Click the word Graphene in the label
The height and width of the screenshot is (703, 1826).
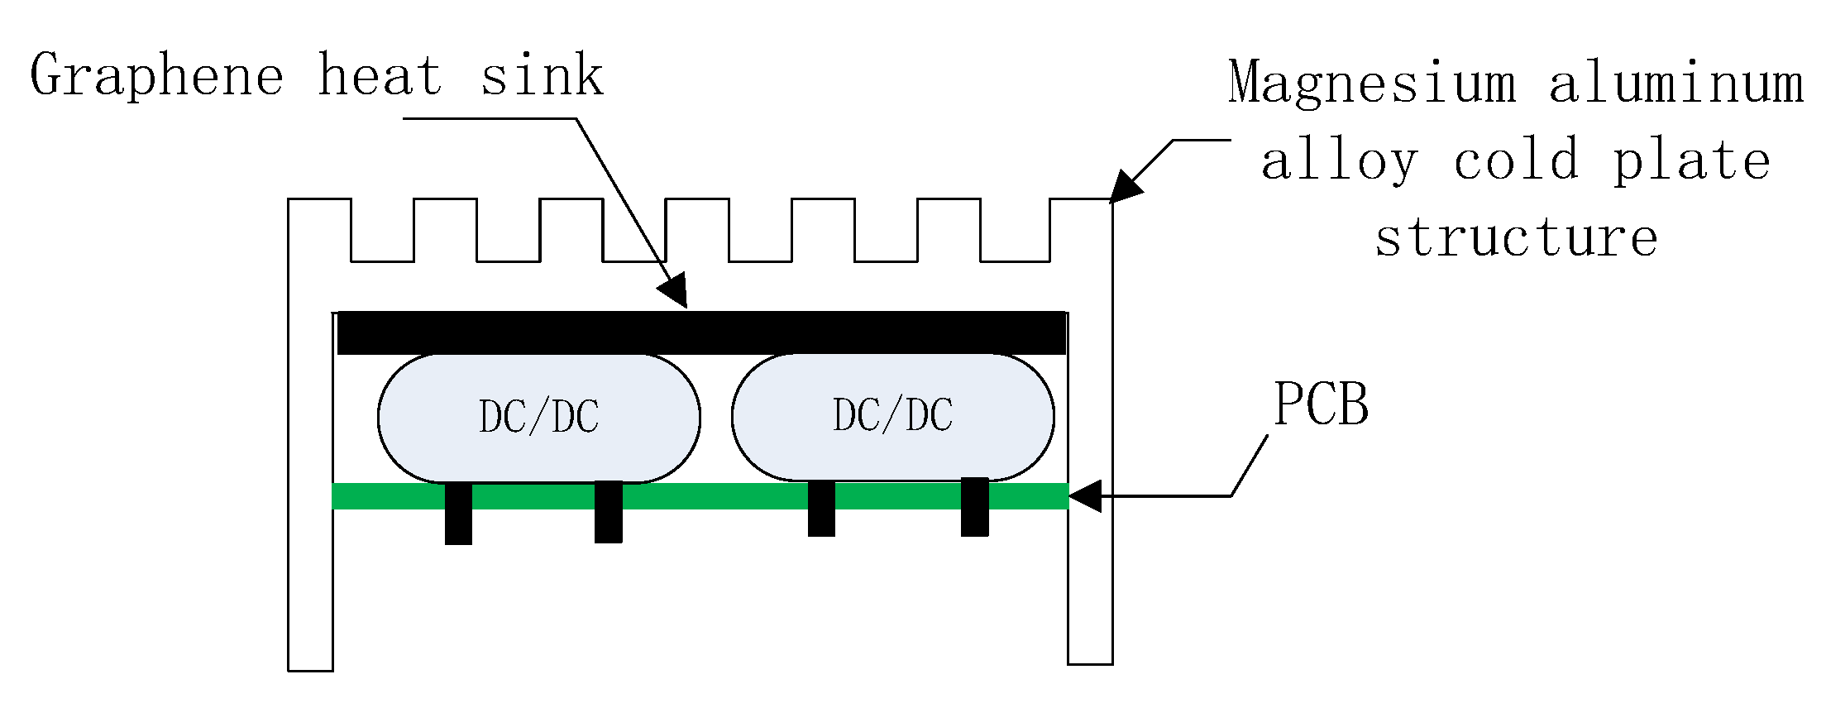(157, 76)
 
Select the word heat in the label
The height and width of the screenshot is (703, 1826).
(380, 76)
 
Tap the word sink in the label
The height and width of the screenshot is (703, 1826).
(542, 76)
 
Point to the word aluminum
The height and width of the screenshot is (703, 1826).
(1675, 83)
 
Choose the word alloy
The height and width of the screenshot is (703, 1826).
(1340, 160)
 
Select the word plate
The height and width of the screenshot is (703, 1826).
(1692, 160)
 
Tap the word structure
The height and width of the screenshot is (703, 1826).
(1516, 237)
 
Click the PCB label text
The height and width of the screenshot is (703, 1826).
(1321, 404)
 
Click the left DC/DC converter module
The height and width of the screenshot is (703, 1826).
(538, 418)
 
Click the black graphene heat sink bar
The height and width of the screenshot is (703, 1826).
(701, 332)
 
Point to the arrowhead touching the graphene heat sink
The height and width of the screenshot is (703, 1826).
(675, 290)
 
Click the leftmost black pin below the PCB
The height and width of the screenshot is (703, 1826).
(458, 514)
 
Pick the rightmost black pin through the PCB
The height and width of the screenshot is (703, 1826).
(974, 506)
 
